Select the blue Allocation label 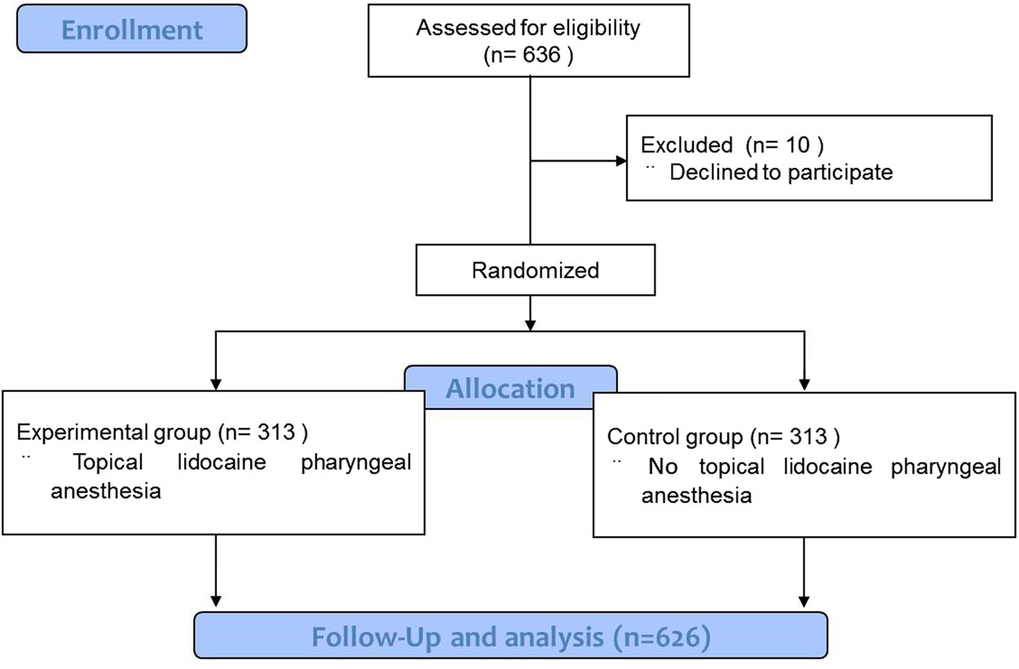(x=510, y=388)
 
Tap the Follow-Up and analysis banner (x=510, y=636)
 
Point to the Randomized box (x=535, y=270)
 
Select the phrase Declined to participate (x=780, y=172)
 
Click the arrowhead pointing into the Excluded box (x=620, y=161)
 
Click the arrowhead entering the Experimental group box (x=215, y=382)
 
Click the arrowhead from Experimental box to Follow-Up (x=215, y=604)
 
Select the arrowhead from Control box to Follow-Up (x=805, y=604)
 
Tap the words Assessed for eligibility (x=528, y=28)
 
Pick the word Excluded (x=686, y=145)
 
